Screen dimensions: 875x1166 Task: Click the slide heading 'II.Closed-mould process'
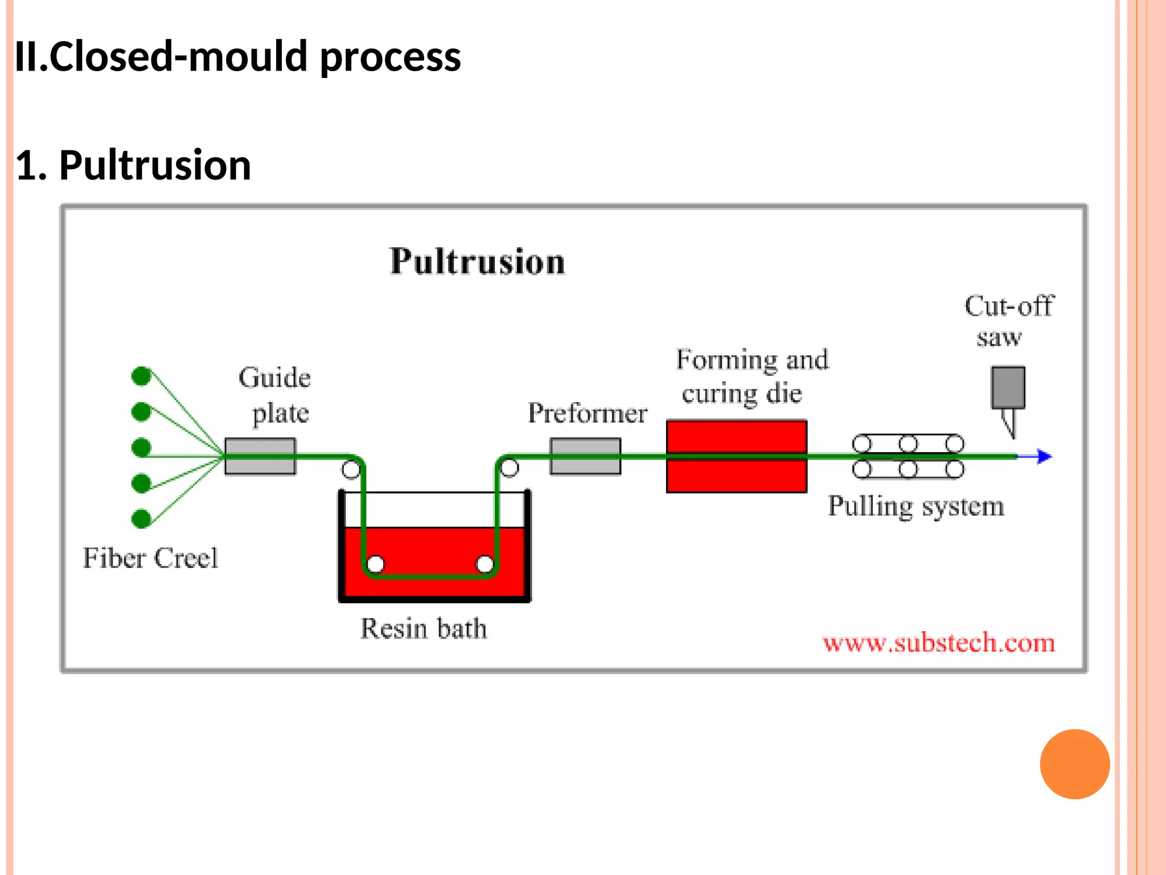pos(237,57)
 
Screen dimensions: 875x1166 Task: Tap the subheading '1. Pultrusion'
pos(133,165)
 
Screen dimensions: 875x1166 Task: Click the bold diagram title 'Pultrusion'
pos(477,261)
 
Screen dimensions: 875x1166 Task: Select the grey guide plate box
pos(260,456)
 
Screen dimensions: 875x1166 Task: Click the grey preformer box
pos(585,456)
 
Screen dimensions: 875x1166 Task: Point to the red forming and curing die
pos(736,456)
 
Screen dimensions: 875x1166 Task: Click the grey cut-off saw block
pos(1008,387)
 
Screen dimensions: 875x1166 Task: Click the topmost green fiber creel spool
pos(141,376)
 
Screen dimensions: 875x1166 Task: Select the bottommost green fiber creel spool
pos(141,519)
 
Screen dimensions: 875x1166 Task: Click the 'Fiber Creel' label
pos(150,558)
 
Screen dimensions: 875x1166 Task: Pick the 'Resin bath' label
pos(424,628)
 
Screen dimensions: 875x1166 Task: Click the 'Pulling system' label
pos(915,506)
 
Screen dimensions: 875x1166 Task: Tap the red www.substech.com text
pos(938,643)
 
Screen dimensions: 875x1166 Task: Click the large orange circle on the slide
pos(1074,764)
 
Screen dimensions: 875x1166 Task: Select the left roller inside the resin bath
pos(375,564)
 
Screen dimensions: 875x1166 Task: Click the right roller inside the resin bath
pos(485,564)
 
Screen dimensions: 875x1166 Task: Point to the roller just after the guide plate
pos(351,469)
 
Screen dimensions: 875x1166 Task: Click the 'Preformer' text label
pos(587,413)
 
